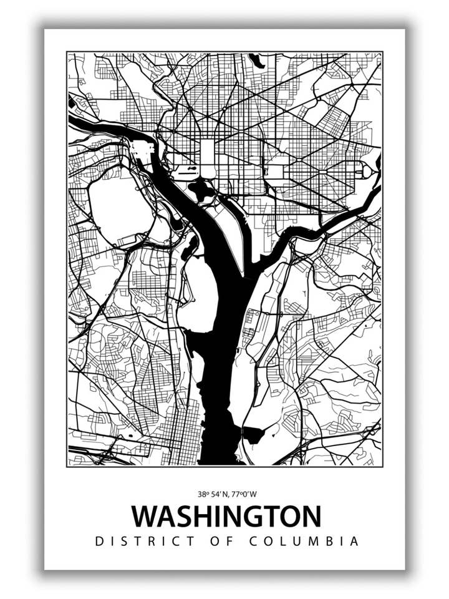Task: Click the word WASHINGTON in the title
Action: (x=226, y=517)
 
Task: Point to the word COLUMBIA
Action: (x=304, y=542)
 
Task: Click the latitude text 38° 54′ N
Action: (x=213, y=494)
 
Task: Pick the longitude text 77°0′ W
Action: (x=244, y=494)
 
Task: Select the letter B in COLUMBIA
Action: (x=337, y=542)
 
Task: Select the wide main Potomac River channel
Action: (x=215, y=312)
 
